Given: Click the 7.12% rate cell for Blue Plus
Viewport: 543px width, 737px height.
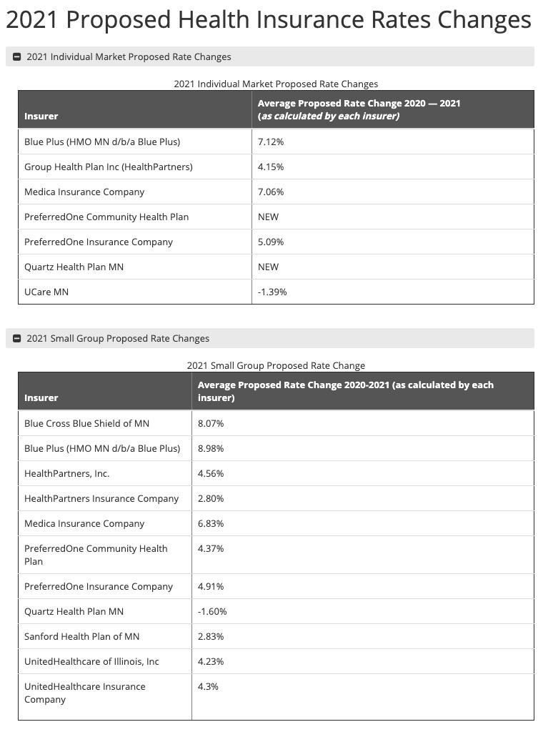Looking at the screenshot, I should [x=271, y=142].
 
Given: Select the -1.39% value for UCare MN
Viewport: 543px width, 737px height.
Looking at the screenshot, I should [x=272, y=292].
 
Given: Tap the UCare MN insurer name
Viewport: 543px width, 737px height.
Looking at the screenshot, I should [x=46, y=292].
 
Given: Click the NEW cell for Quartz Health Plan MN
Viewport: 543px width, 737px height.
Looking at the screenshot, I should [x=268, y=267].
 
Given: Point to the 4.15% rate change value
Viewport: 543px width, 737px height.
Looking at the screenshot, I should [x=271, y=167].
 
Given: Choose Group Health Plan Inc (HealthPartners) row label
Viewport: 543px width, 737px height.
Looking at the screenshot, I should [x=109, y=167].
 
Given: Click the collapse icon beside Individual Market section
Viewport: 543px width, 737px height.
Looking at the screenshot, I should [x=17, y=56].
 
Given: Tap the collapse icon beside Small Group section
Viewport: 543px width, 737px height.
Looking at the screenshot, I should [x=17, y=338].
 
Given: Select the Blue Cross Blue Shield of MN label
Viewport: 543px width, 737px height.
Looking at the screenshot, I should [x=86, y=423].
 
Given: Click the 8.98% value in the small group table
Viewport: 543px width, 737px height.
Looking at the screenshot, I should [x=211, y=448].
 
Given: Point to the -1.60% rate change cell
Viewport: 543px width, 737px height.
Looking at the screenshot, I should [x=212, y=611].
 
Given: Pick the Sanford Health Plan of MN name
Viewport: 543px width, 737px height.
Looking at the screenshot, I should [x=81, y=636].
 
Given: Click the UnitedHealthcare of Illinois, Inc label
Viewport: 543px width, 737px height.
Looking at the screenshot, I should [x=91, y=661].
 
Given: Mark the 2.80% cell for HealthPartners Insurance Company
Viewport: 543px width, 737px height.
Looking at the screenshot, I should [x=211, y=498].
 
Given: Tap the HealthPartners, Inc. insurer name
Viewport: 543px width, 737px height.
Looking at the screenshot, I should [x=67, y=473].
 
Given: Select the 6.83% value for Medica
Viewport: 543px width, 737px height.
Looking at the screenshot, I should [x=211, y=523].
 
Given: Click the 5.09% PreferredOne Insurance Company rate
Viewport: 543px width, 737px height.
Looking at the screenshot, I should [x=271, y=242].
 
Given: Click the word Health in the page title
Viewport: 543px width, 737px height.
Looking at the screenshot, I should [x=215, y=19].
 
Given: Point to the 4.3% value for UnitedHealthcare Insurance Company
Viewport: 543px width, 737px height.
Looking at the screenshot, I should [x=208, y=686].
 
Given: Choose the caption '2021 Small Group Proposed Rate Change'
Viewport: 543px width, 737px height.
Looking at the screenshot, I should [x=276, y=365].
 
